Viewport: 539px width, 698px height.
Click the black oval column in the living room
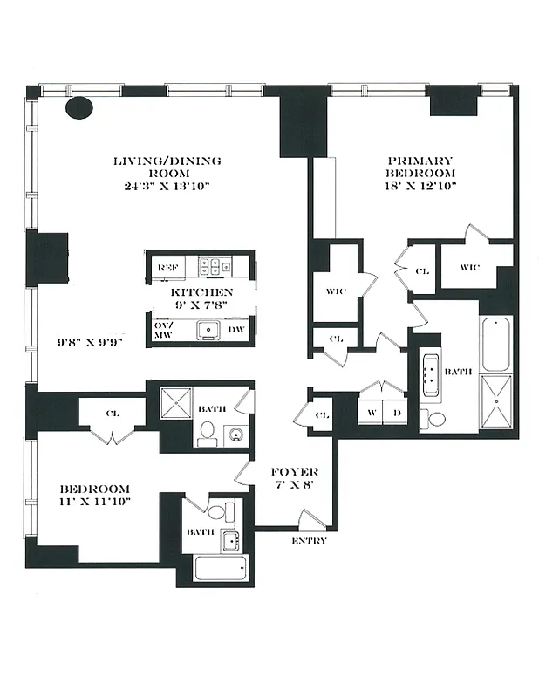coord(79,107)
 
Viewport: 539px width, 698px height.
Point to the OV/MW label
coord(164,330)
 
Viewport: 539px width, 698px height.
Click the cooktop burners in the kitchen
coord(214,267)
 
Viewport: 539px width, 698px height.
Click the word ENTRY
coord(310,541)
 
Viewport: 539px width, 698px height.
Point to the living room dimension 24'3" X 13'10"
coord(167,186)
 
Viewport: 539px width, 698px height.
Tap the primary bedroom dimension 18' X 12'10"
coord(420,186)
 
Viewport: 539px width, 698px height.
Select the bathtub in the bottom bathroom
coord(221,569)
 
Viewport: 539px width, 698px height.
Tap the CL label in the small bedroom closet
coord(113,413)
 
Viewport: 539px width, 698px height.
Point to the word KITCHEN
coord(201,292)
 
